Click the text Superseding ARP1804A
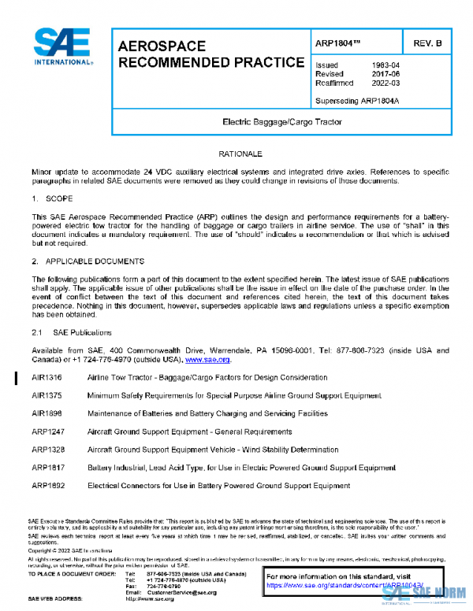(x=357, y=100)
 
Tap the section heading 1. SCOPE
(x=52, y=198)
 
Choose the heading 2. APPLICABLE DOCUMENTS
(x=88, y=260)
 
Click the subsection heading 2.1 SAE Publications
(x=72, y=332)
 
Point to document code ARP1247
(x=47, y=431)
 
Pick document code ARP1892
(x=47, y=486)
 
